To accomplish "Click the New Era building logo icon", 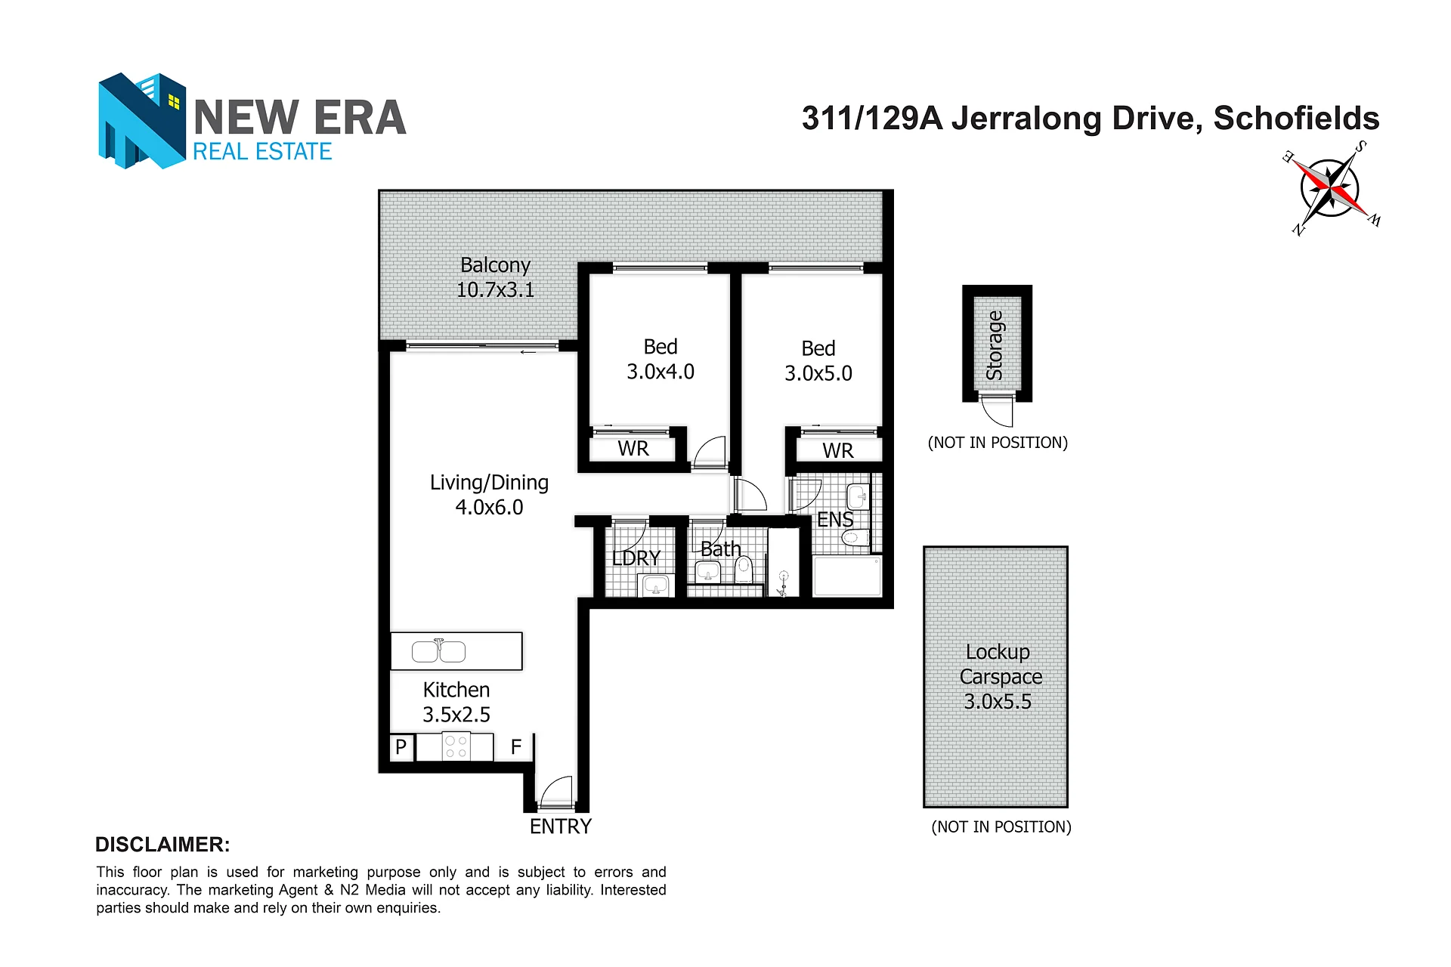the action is coord(142,120).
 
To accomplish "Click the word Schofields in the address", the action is coord(1296,119).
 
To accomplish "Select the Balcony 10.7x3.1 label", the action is coord(495,277).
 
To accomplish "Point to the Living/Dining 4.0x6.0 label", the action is coord(489,495).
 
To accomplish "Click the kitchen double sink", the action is coord(438,650).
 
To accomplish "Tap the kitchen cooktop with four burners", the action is coord(456,746).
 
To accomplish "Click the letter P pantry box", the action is coord(401,747).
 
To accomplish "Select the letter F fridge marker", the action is coord(516,747).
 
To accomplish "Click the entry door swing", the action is coord(556,791).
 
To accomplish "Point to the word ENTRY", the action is coord(561,826).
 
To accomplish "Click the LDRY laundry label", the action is coord(636,558).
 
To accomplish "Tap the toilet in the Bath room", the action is coord(744,570).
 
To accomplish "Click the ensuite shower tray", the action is coord(847,576).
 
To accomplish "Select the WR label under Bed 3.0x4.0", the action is coord(633,449).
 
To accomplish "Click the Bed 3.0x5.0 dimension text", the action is coord(818,373).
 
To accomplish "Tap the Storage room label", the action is coord(995,345).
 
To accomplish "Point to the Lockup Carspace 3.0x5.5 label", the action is coord(999,677).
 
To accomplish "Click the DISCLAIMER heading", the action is coord(162,845).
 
